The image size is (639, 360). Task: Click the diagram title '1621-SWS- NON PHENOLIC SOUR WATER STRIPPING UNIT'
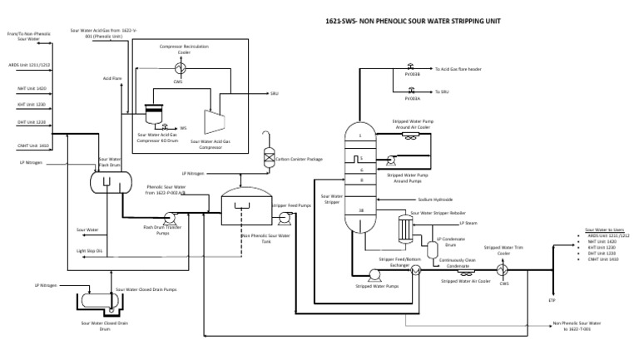tap(406, 22)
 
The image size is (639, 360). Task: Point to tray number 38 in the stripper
tap(360, 210)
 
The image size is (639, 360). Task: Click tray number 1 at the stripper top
tap(360, 136)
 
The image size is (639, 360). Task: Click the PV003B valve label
tap(413, 75)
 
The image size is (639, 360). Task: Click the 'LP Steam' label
tap(468, 222)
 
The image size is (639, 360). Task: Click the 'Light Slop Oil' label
tap(89, 249)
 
